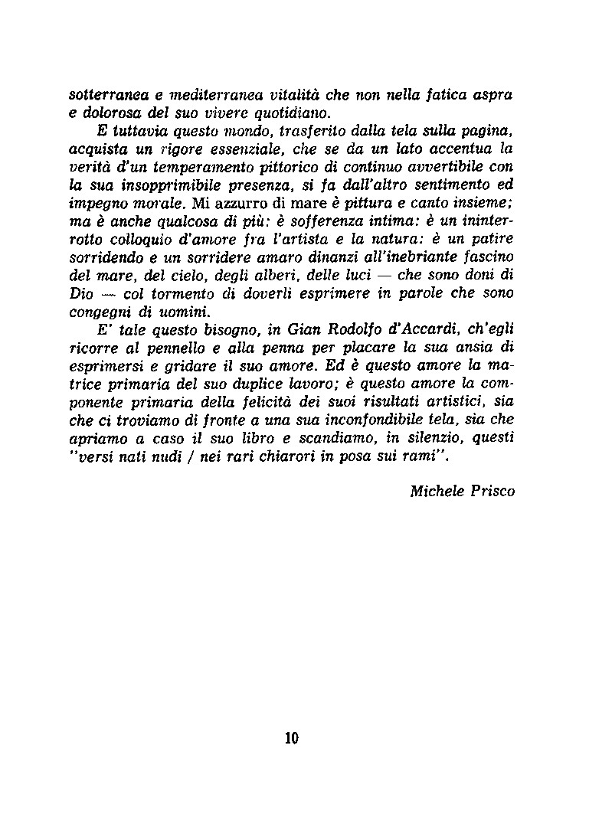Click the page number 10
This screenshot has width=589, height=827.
click(x=291, y=738)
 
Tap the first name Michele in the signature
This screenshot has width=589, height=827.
click(x=437, y=491)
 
